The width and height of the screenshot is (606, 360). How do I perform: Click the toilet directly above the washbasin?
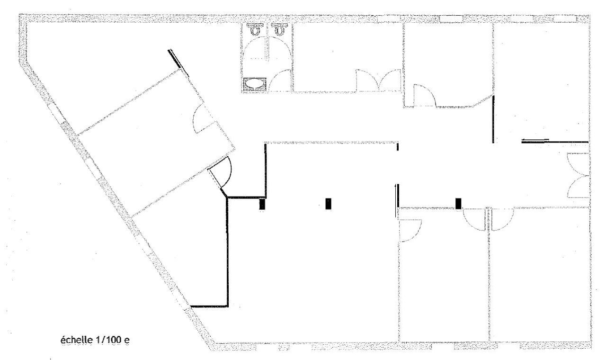pyautogui.click(x=256, y=29)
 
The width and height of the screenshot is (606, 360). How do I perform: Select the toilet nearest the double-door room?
pyautogui.click(x=280, y=29)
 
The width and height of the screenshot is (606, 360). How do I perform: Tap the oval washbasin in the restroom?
pyautogui.click(x=255, y=84)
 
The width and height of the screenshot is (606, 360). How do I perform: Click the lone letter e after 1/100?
pyautogui.click(x=127, y=340)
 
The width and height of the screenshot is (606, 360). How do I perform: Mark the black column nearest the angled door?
pyautogui.click(x=262, y=204)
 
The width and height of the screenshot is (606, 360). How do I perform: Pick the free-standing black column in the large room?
pyautogui.click(x=328, y=204)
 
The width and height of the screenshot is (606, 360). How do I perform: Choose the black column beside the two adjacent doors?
pyautogui.click(x=458, y=203)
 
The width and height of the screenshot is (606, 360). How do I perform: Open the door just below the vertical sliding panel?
pyautogui.click(x=407, y=230)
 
